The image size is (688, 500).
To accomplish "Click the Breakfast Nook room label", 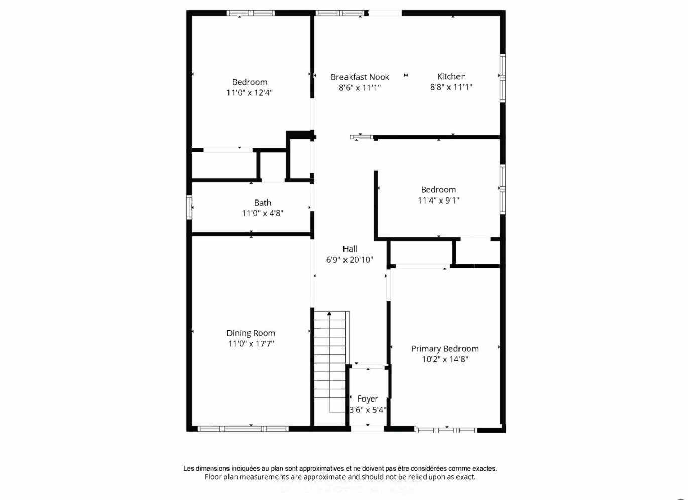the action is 360,77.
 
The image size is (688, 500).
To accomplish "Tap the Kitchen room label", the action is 451,76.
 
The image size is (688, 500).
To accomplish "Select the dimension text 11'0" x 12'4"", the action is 250,93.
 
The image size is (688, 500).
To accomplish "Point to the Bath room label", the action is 263,203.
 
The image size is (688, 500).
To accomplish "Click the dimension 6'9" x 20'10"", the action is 350,260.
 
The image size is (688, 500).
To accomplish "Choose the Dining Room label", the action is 251,333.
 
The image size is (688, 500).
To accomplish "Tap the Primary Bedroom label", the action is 445,349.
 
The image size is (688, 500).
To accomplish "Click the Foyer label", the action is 367,399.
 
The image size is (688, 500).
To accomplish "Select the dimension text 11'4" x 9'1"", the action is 438,201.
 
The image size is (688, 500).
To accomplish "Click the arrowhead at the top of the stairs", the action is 329,314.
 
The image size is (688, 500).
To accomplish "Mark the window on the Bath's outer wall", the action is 189,207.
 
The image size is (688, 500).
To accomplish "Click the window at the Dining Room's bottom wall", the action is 243,429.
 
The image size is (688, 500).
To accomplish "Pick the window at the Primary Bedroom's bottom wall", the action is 445,430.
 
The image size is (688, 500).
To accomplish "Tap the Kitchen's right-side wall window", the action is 503,78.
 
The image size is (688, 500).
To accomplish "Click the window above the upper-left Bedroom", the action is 251,13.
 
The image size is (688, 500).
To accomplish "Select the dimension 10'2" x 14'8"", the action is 445,359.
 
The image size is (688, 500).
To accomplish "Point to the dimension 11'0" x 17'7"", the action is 251,344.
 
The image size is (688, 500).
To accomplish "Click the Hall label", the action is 350,249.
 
